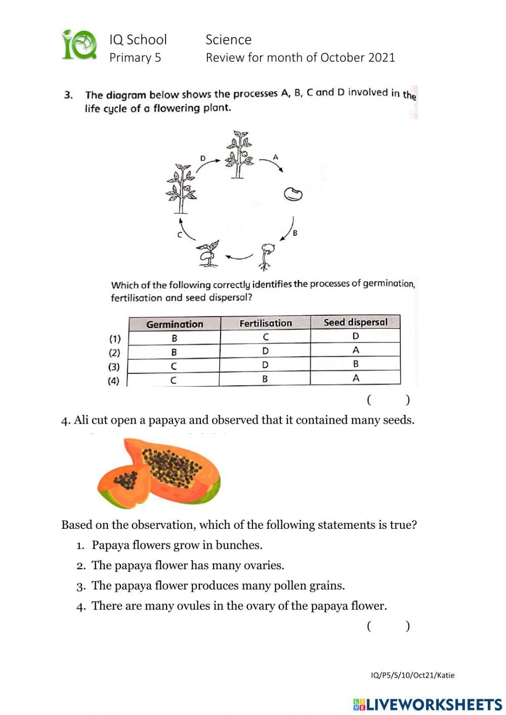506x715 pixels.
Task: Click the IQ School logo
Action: pyautogui.click(x=79, y=46)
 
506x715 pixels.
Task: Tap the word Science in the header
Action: pyautogui.click(x=228, y=39)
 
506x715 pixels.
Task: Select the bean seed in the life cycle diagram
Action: pyautogui.click(x=293, y=194)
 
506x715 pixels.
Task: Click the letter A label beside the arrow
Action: pyautogui.click(x=276, y=157)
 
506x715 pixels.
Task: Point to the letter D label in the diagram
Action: pyautogui.click(x=203, y=158)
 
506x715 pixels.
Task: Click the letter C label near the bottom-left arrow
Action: pyautogui.click(x=179, y=235)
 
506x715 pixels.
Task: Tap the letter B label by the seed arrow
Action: pyautogui.click(x=295, y=233)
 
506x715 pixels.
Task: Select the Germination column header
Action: pyautogui.click(x=175, y=324)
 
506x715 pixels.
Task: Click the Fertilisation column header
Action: pyautogui.click(x=266, y=323)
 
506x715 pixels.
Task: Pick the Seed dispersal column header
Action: pyautogui.click(x=355, y=322)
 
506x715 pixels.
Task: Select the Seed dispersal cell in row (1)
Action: pyautogui.click(x=355, y=336)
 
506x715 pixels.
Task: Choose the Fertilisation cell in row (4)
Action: pyautogui.click(x=265, y=379)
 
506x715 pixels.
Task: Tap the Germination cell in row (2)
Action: pyautogui.click(x=174, y=352)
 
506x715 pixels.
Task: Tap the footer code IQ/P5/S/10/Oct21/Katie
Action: pyautogui.click(x=412, y=675)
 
